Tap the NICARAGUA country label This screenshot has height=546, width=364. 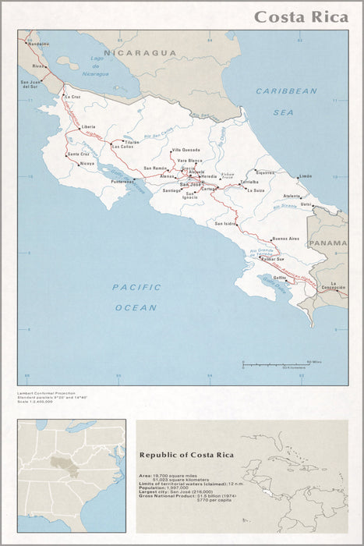tap(141, 52)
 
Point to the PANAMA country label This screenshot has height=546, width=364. tap(327, 243)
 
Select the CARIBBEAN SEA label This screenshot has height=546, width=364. tap(286, 101)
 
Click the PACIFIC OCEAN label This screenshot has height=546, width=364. tap(136, 297)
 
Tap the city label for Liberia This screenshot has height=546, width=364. tap(88, 126)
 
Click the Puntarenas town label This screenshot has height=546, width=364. tap(122, 182)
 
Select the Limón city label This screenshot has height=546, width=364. tap(305, 177)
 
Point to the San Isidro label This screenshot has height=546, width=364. tap(224, 224)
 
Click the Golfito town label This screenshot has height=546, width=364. tap(279, 277)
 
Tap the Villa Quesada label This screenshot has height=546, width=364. tap(186, 149)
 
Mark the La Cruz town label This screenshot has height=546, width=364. tap(73, 97)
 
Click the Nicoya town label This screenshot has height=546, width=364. tap(87, 164)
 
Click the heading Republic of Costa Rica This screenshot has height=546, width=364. tap(186, 454)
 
